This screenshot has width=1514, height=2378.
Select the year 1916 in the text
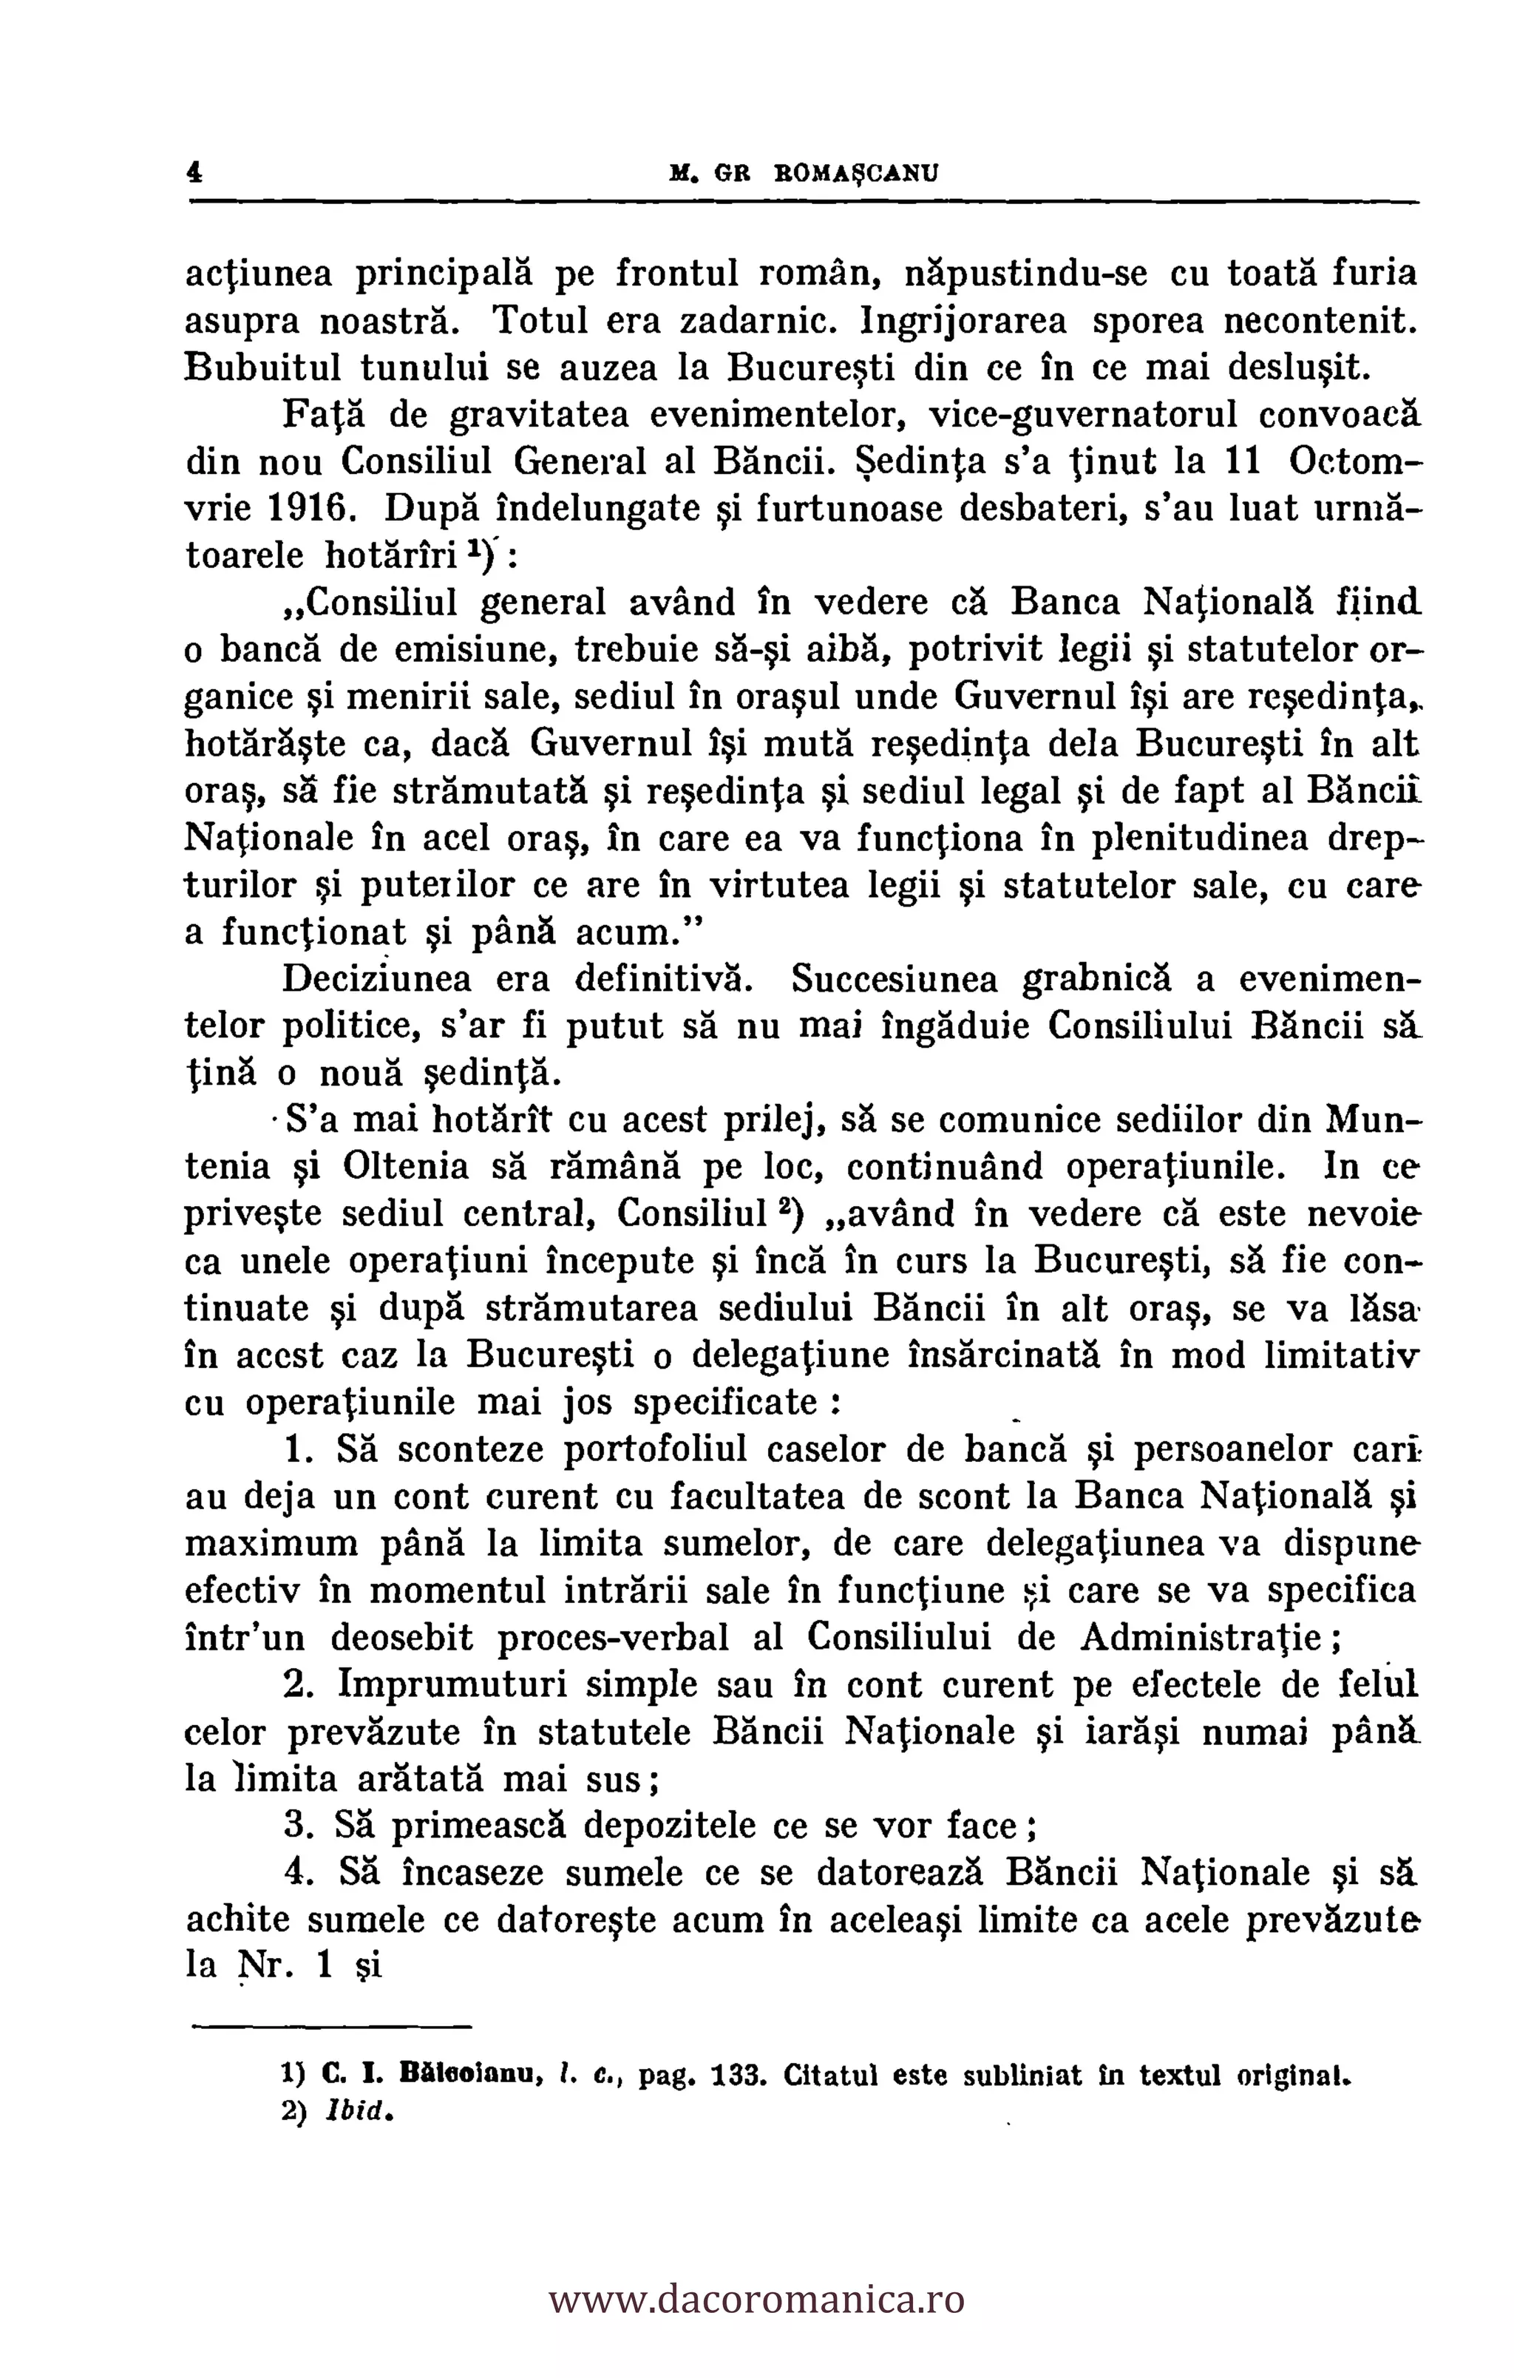pos(315,509)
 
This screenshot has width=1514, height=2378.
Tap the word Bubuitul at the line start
pos(262,367)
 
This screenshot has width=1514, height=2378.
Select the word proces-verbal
pos(612,1637)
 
